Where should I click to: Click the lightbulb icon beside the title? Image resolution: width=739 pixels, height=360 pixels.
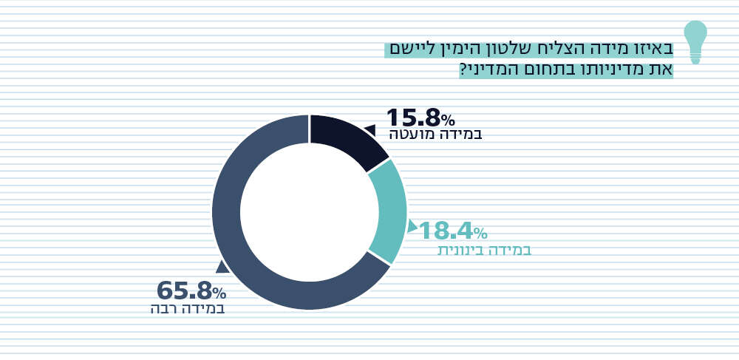pyautogui.click(x=695, y=41)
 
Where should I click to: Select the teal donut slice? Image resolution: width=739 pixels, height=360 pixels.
pyautogui.click(x=389, y=211)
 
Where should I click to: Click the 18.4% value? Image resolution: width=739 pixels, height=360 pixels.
pyautogui.click(x=452, y=231)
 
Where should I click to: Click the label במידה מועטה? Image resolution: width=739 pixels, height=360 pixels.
pyautogui.click(x=435, y=135)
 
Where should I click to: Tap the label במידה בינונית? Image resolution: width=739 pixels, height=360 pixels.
pyautogui.click(x=484, y=250)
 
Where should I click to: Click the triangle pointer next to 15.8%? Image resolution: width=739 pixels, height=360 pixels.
pyautogui.click(x=369, y=130)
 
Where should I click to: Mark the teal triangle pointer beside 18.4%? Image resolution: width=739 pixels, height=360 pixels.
pyautogui.click(x=412, y=225)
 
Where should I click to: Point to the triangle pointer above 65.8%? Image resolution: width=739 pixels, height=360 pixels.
pyautogui.click(x=222, y=267)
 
